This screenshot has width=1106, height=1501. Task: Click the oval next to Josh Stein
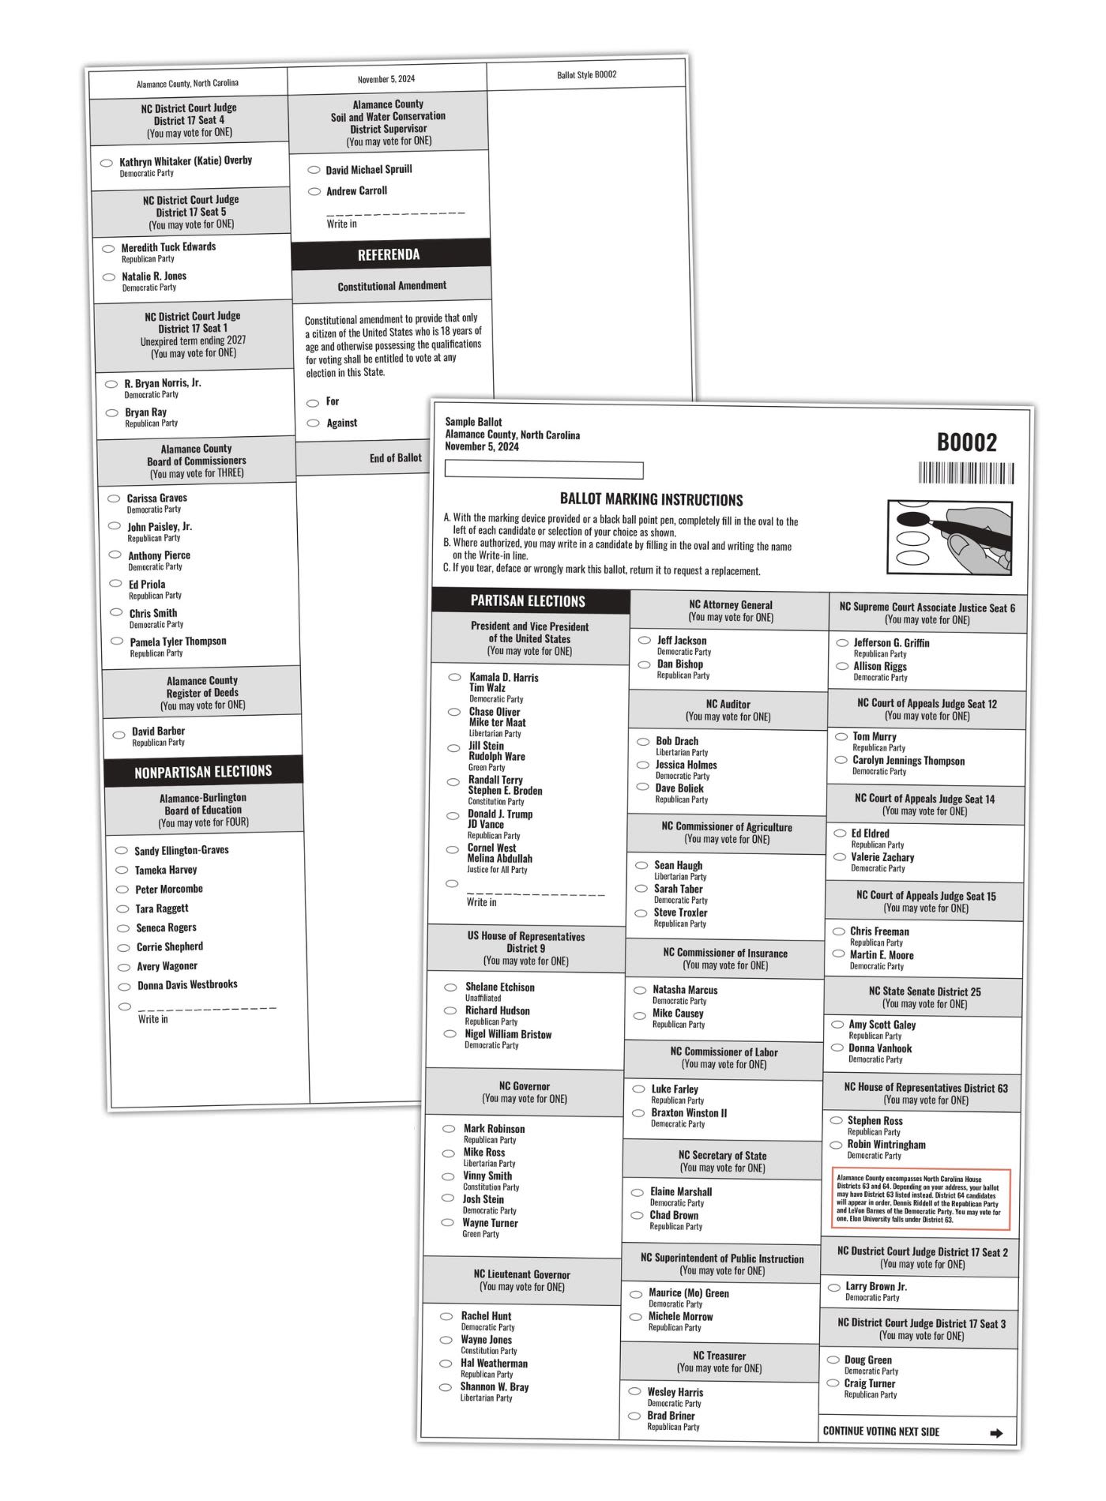448,1198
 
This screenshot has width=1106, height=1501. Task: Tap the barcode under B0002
965,473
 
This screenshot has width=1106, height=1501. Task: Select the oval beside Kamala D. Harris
454,677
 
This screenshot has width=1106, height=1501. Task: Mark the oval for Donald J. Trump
453,814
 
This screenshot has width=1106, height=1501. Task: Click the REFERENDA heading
389,254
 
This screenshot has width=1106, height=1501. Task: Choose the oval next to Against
313,423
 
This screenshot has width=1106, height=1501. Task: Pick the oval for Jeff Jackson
645,640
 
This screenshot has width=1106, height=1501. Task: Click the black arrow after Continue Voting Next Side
996,1432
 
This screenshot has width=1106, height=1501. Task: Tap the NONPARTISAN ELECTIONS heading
203,772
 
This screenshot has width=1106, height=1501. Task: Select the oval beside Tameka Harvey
122,870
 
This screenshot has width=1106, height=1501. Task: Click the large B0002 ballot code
967,442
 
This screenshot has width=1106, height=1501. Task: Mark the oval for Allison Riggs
842,666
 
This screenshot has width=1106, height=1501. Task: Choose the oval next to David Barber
118,735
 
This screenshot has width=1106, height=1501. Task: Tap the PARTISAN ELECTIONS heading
528,601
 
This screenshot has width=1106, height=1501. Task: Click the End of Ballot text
395,458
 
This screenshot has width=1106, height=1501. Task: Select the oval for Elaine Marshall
637,1192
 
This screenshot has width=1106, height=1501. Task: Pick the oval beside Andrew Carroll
314,191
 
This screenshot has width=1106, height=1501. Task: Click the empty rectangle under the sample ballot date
544,470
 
